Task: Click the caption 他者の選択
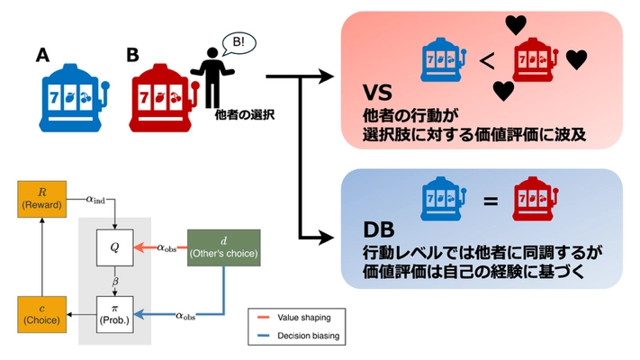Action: (244, 114)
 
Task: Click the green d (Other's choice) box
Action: (222, 247)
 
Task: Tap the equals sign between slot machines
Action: (491, 202)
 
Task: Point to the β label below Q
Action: (115, 282)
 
